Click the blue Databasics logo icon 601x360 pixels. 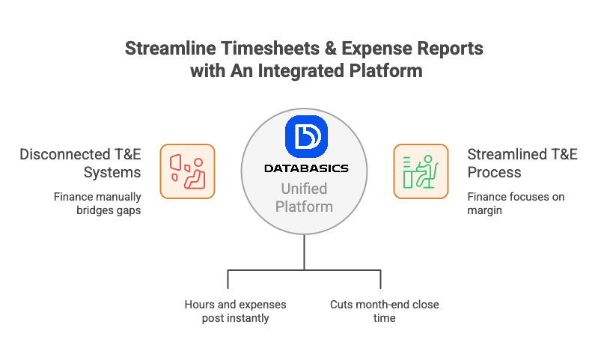click(306, 136)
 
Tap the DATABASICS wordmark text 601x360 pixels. click(306, 168)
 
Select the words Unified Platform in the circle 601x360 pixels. click(304, 198)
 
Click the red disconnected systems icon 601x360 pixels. click(187, 171)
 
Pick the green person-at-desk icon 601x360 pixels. click(421, 171)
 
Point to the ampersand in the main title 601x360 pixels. click(330, 49)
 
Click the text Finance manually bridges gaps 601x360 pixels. click(97, 204)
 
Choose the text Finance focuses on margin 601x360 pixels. click(516, 204)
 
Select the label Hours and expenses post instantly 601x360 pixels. click(235, 311)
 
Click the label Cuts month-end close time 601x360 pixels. click(385, 311)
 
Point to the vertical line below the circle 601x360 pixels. click(305, 252)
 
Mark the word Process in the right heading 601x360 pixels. click(494, 173)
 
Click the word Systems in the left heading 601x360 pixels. click(112, 173)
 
